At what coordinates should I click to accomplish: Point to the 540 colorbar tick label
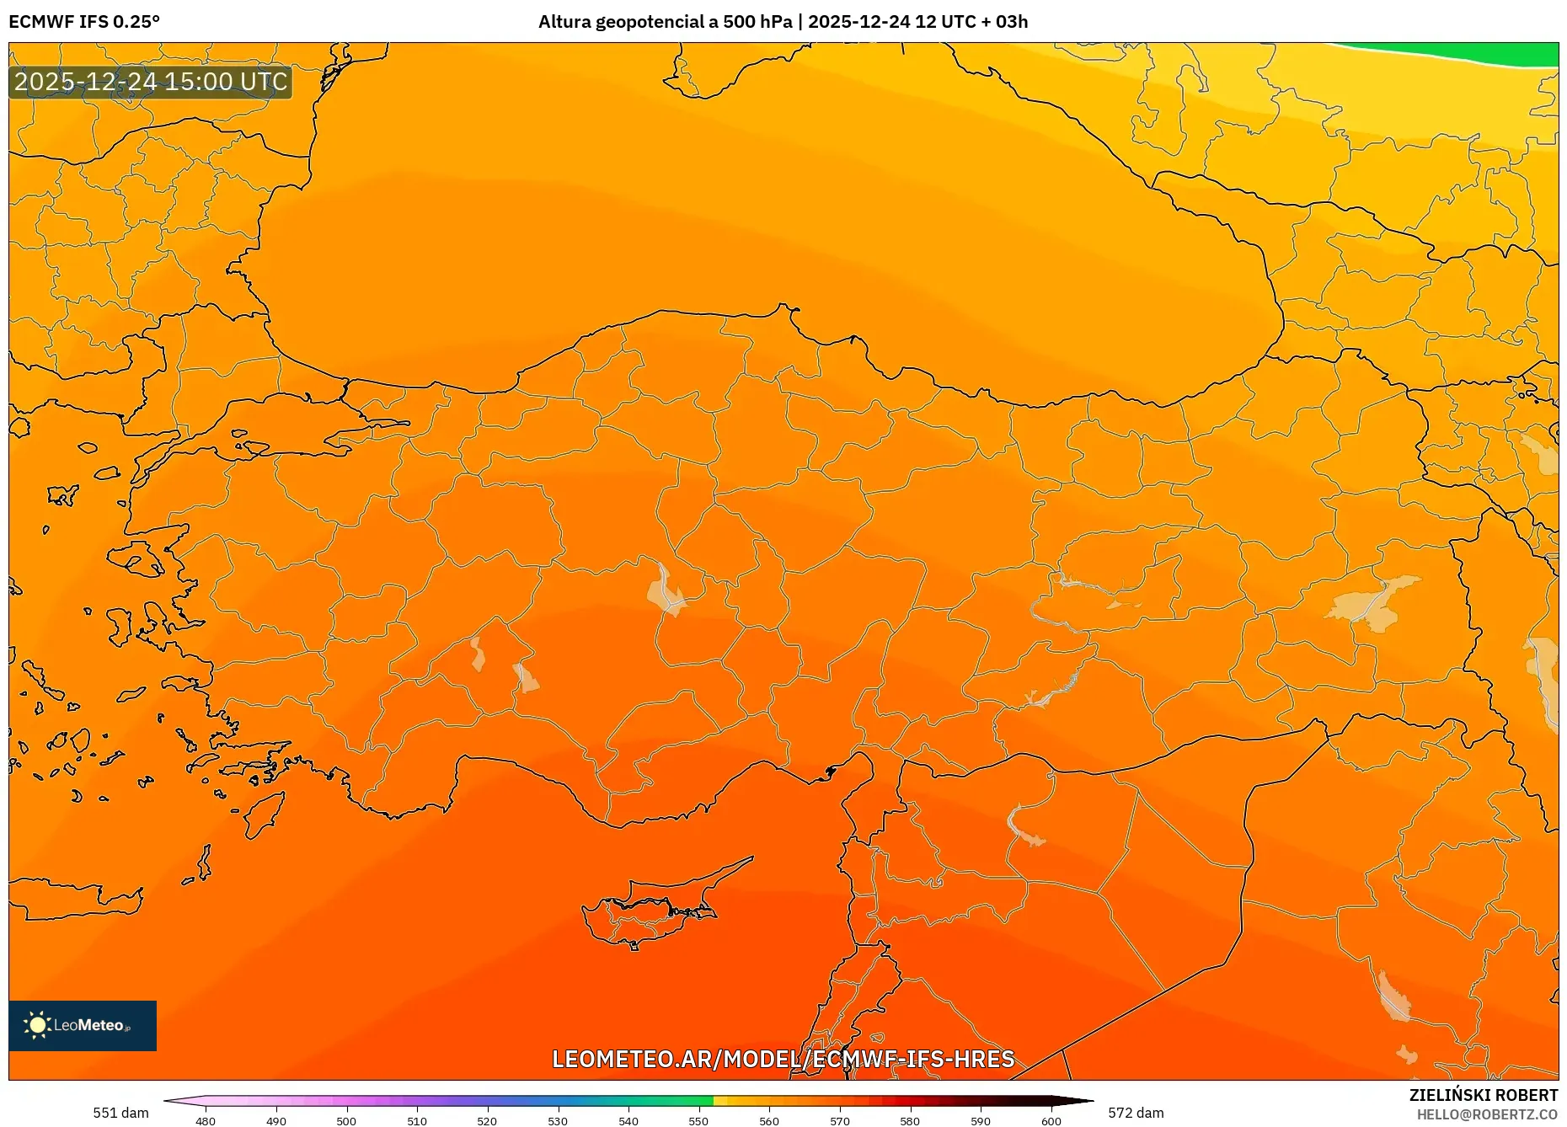[628, 1121]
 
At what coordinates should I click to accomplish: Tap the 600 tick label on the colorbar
[1051, 1121]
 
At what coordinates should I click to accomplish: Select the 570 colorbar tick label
[839, 1121]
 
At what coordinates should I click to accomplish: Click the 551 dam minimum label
[120, 1113]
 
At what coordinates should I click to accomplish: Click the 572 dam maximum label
[1136, 1113]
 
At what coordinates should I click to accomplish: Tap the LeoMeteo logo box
[83, 1025]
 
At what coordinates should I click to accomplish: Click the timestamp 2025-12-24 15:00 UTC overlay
[151, 82]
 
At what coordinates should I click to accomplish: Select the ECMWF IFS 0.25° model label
[84, 22]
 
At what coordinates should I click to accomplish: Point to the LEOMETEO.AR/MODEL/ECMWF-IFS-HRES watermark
[783, 1059]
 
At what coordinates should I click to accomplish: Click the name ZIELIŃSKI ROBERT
[1483, 1095]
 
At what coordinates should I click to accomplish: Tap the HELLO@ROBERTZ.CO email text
[1486, 1114]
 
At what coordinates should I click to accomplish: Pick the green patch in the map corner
[1483, 54]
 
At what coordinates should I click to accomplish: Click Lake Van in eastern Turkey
[1373, 602]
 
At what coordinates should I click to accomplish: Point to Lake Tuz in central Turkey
[666, 590]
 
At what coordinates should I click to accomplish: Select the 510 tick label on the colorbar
[417, 1121]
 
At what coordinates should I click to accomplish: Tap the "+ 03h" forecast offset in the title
[1004, 22]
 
